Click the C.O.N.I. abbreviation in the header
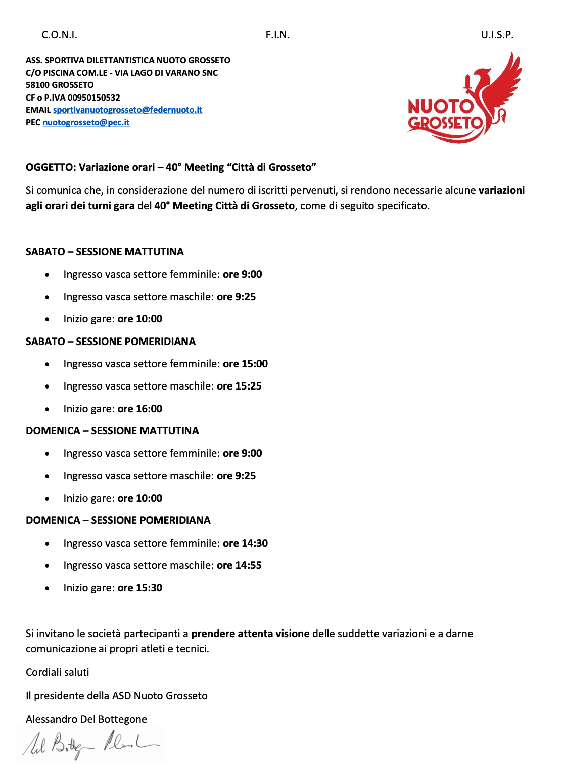pos(60,35)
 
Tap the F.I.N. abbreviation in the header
pos(277,35)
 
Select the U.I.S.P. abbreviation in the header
pos(497,35)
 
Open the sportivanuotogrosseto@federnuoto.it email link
pos(127,110)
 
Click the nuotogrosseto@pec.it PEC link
pos(86,122)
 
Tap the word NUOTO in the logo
pos(440,107)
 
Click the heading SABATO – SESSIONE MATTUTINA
pos(105,252)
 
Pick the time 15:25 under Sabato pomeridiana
pos(248,386)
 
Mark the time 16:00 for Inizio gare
pos(149,409)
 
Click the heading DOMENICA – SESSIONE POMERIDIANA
pos(118,520)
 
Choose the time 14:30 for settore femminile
pos(254,543)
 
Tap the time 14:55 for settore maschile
pos(248,565)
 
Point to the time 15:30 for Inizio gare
pos(149,588)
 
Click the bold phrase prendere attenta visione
pos(250,634)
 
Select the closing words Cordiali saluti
pos(58,672)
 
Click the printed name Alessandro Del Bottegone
pos(86,719)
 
